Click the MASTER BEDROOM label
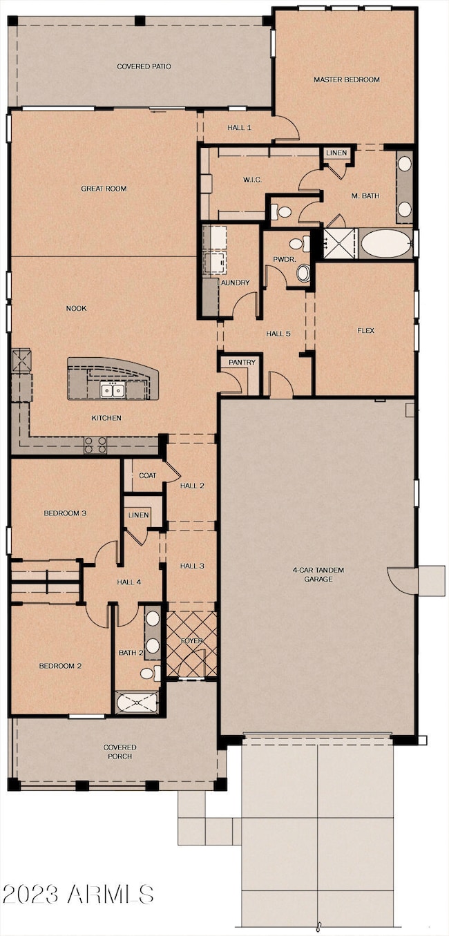coord(347,79)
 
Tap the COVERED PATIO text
coord(144,66)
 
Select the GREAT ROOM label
coord(104,189)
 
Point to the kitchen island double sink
coord(113,391)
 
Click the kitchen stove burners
coord(95,445)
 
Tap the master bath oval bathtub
coord(386,244)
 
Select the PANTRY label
coord(242,362)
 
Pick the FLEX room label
coord(366,330)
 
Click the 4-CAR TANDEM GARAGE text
coord(318,575)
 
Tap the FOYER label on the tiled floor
coord(191,641)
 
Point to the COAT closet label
coord(147,475)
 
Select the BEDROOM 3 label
coord(65,513)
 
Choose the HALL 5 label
coord(278,334)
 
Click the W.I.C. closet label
coord(252,180)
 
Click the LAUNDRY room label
coord(233,283)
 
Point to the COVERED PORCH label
coord(120,752)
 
